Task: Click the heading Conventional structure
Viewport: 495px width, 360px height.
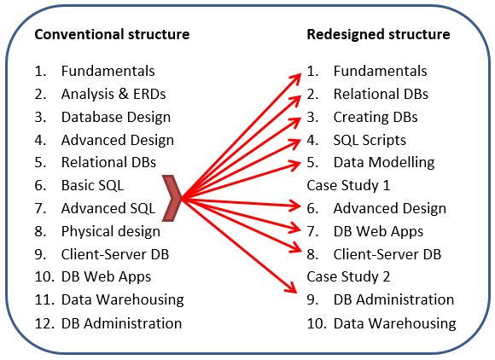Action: click(112, 34)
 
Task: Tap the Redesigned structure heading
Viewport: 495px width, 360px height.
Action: click(378, 34)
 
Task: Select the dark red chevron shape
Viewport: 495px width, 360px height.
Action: click(172, 198)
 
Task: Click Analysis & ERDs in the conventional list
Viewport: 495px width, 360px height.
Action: click(114, 94)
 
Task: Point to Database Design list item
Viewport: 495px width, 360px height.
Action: click(116, 118)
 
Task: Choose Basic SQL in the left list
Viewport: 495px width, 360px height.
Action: click(92, 185)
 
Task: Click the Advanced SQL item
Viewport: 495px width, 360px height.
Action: click(108, 208)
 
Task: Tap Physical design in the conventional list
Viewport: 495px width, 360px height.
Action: click(110, 232)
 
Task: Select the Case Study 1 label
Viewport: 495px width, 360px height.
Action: click(348, 185)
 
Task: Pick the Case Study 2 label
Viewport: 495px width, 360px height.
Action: click(348, 276)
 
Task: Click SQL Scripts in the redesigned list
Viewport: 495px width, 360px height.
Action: click(370, 141)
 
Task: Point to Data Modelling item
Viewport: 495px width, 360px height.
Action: click(384, 163)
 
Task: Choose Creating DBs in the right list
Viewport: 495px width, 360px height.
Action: click(376, 118)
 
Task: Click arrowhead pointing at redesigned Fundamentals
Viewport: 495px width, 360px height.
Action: click(296, 78)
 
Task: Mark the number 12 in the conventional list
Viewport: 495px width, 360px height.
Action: click(44, 323)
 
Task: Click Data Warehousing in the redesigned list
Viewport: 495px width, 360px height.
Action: click(394, 323)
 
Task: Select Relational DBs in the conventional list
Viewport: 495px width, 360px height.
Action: click(108, 162)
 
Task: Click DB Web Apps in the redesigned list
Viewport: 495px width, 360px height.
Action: click(378, 232)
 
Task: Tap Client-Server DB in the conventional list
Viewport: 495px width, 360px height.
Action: click(115, 254)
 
